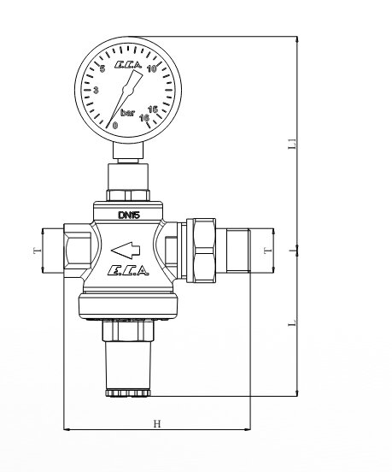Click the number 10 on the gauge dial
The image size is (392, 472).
click(151, 68)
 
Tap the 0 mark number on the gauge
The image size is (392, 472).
click(115, 125)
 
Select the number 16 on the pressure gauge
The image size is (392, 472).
click(144, 118)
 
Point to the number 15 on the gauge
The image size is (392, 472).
click(154, 109)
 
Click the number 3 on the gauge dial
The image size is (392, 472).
click(96, 90)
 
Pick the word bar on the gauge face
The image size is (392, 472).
click(127, 113)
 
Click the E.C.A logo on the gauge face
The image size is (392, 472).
click(128, 65)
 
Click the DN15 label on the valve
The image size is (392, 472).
click(129, 215)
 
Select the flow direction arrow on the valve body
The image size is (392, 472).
click(126, 251)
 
